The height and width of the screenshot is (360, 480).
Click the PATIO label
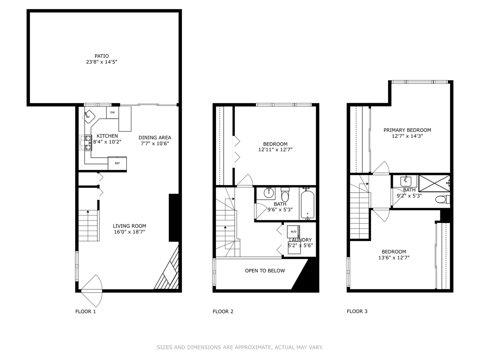point(102,56)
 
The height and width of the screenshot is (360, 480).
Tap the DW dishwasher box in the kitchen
point(113,113)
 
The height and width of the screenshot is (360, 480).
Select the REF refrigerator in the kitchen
point(117,163)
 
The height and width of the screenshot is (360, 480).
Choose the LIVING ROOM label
point(129,226)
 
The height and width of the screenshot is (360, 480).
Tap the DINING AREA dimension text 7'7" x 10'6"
point(155,144)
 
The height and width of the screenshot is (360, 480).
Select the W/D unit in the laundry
point(293,232)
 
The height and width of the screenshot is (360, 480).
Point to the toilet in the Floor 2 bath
point(284,195)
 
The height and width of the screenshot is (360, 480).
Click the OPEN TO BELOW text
point(265,271)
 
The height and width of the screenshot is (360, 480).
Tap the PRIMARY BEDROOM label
point(407,130)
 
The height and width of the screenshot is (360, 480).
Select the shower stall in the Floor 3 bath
point(434,183)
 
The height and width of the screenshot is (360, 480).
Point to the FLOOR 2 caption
point(223,311)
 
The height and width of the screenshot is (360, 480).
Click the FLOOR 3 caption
point(357,311)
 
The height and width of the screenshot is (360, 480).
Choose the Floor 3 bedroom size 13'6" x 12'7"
point(394,258)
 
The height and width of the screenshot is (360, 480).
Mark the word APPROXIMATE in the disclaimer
point(253,347)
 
